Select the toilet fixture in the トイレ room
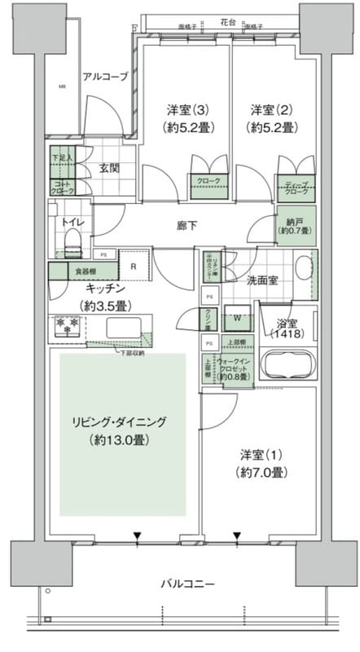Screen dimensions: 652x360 (x=72, y=239)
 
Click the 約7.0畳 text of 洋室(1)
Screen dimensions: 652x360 (x=261, y=472)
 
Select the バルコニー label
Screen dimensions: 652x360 (x=187, y=584)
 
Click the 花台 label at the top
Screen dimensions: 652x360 (x=228, y=21)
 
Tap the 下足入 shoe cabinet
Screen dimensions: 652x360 (x=62, y=160)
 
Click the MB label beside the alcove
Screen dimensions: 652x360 (x=61, y=86)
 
